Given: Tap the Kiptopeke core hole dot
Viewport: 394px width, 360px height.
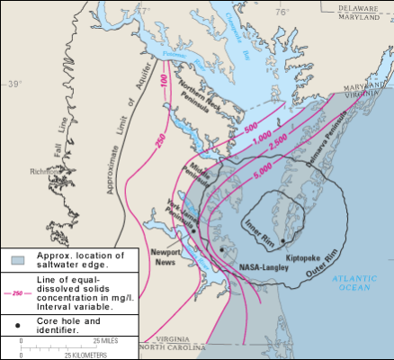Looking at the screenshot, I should click(x=282, y=242).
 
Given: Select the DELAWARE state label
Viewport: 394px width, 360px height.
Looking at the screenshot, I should click(x=364, y=6).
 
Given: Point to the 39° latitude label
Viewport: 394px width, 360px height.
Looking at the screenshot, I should click(x=12, y=84).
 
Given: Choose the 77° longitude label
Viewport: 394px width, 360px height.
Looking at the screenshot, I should click(x=162, y=12).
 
